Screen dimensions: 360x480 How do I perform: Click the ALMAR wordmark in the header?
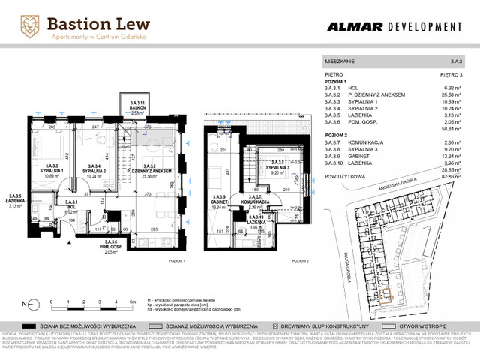click(x=353, y=26)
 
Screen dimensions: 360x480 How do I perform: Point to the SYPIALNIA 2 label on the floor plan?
click(x=91, y=171)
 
